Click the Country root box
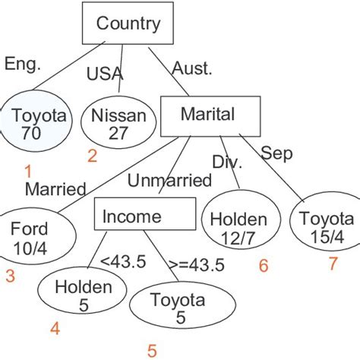[x=128, y=24]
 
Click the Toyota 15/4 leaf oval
[x=324, y=226]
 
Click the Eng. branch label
[x=21, y=64]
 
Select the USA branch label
[x=103, y=74]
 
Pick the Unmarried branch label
[x=169, y=180]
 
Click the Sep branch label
[x=276, y=153]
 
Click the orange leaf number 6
[x=264, y=267]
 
